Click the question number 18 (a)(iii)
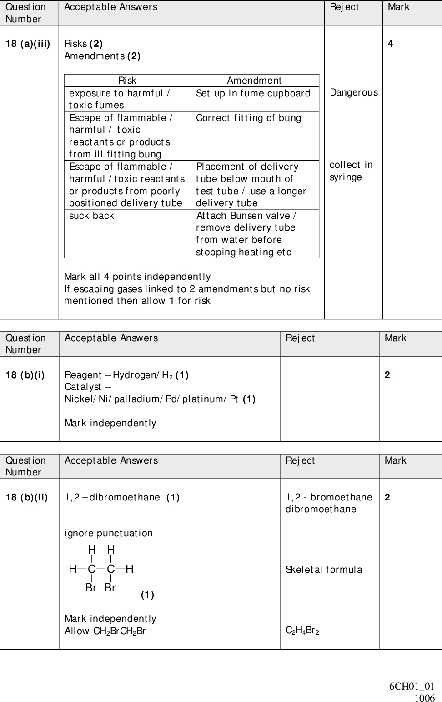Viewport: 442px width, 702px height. tap(28, 44)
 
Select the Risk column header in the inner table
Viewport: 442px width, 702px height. tap(127, 81)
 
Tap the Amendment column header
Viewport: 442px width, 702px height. tap(254, 81)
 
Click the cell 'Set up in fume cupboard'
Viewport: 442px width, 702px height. tap(253, 93)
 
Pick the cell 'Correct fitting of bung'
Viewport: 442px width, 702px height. tap(249, 118)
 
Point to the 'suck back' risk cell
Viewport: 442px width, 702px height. tap(91, 216)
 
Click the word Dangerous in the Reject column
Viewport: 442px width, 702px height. tap(354, 92)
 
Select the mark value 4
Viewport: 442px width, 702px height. tap(391, 44)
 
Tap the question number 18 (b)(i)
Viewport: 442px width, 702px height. tap(25, 375)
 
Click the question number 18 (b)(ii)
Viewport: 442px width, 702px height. tap(27, 497)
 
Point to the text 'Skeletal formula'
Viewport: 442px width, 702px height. tap(324, 570)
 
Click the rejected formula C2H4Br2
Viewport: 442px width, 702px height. tap(302, 631)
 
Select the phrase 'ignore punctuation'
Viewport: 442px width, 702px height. tap(109, 533)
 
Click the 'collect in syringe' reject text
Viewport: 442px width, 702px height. tap(351, 171)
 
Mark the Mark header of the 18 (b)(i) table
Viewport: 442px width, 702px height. tap(396, 338)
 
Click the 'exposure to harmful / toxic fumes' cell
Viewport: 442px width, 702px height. tap(120, 99)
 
